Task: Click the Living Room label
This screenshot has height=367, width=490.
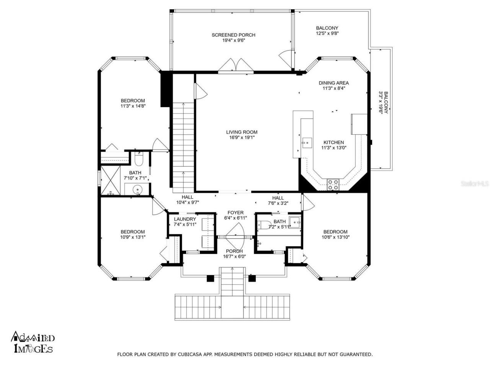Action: coord(242,132)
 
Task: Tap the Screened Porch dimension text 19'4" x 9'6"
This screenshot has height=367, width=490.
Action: coord(234,40)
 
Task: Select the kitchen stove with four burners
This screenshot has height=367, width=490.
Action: coord(333,184)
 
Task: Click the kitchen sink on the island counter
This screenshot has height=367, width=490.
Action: coord(306,143)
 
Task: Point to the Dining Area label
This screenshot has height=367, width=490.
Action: coord(333,83)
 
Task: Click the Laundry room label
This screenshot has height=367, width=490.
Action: coord(185,219)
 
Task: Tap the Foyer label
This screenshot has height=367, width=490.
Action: coord(235,213)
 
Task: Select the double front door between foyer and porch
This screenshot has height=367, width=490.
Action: coord(235,237)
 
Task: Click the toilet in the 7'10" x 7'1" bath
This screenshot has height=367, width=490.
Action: coord(139,158)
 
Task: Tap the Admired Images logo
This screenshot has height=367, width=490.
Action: coord(33,342)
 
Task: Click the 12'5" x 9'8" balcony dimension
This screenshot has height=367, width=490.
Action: coord(327,33)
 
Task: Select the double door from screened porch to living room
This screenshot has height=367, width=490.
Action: coord(236,66)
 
